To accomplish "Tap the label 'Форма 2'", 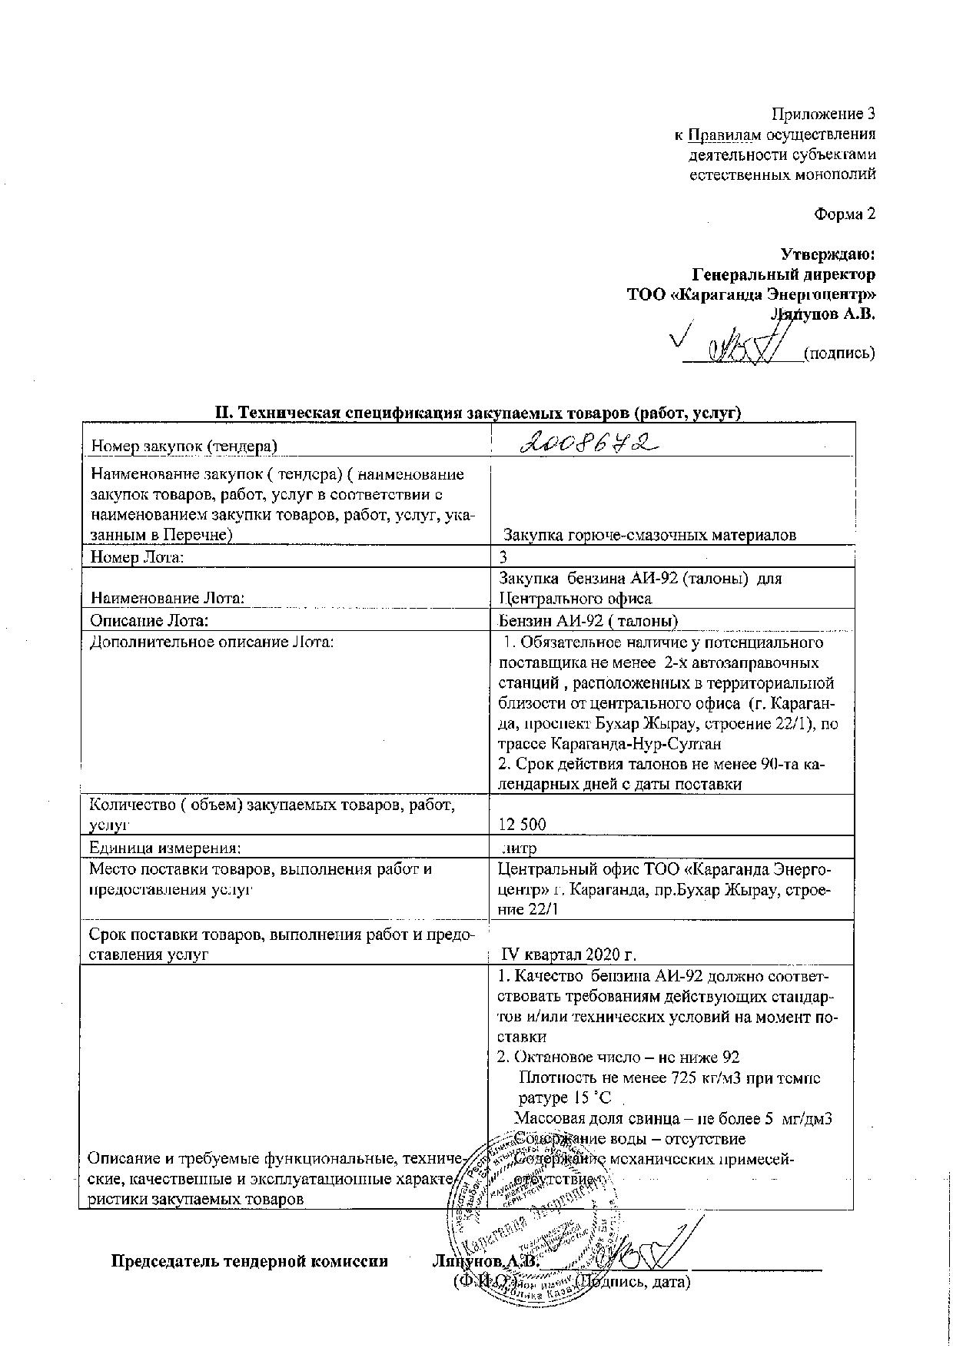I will [845, 214].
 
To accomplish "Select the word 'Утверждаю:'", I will [828, 254].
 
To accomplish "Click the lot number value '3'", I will [504, 556].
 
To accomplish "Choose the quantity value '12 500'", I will [523, 825].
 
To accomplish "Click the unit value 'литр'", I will [519, 848].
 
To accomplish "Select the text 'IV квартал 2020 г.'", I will [569, 955].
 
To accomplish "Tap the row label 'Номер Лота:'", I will [137, 557].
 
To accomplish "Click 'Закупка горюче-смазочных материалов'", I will [649, 535].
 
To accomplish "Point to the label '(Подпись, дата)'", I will [633, 1281].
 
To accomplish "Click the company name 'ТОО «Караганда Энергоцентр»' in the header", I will [751, 294].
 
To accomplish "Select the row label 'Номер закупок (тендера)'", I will [184, 446].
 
